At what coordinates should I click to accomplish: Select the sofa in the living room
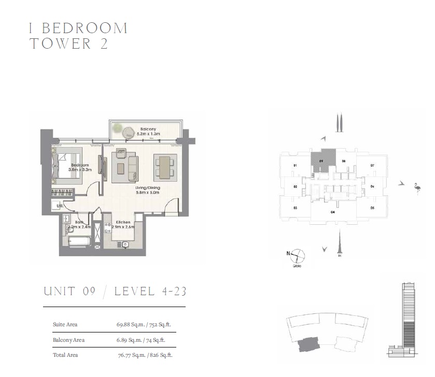(x=133, y=167)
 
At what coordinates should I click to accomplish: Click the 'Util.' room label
(x=60, y=206)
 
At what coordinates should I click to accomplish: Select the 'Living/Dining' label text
(x=146, y=187)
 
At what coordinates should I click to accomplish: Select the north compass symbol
(x=297, y=255)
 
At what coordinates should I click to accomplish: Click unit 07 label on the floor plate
(x=372, y=166)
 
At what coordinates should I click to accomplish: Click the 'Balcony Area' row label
(x=68, y=340)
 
